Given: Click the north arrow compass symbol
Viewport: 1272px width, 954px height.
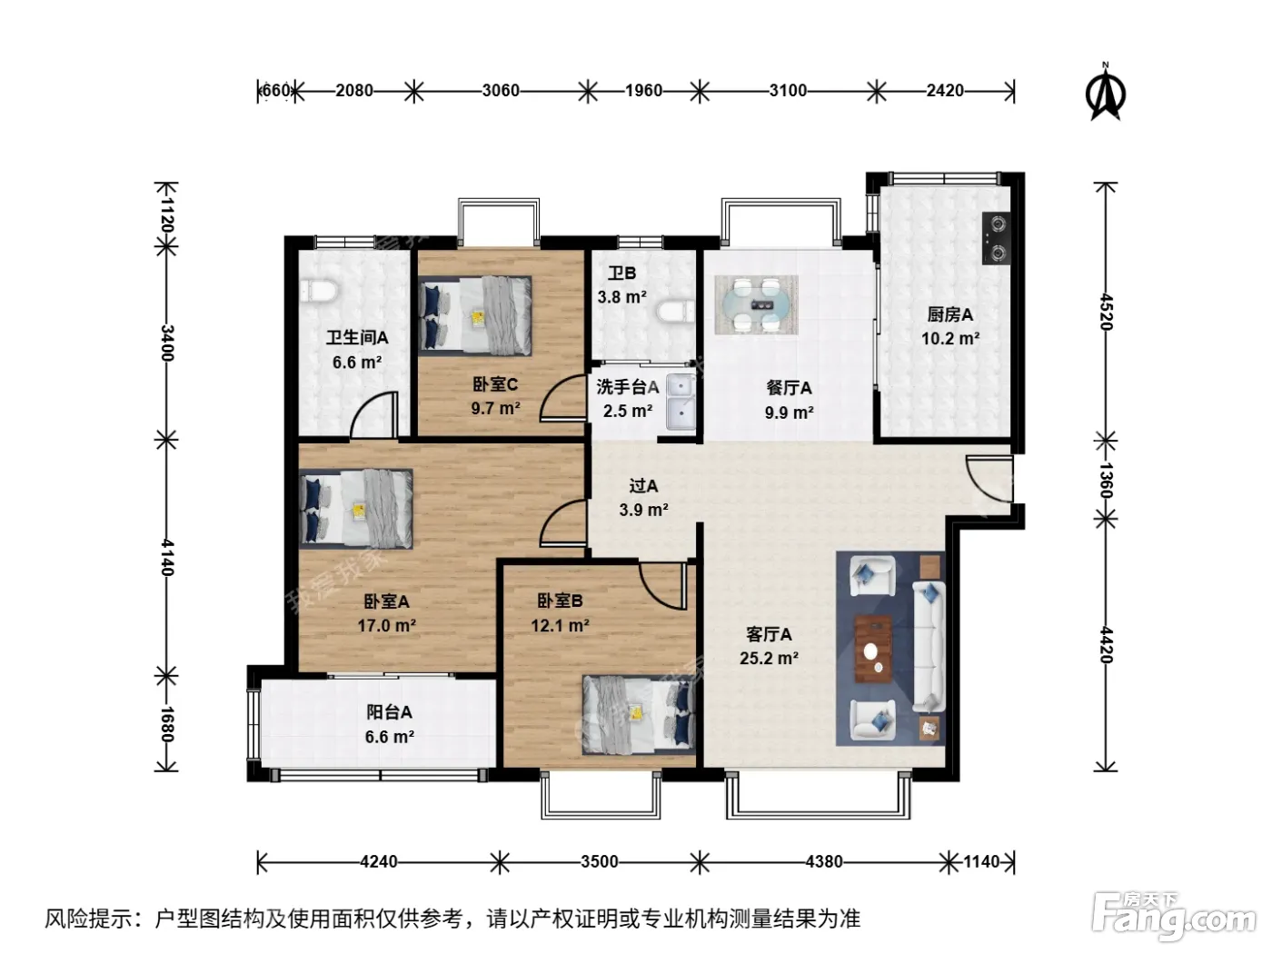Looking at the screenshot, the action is (x=1105, y=93).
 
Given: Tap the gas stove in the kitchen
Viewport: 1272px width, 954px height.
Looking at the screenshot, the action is (x=996, y=238).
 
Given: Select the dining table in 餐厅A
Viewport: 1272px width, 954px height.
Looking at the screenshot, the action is (x=756, y=304).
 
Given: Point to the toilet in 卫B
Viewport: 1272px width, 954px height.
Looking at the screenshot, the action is (x=676, y=311).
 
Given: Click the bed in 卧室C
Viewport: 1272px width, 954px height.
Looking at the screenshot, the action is (x=474, y=315).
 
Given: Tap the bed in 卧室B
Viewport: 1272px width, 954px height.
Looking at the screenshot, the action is (x=639, y=715).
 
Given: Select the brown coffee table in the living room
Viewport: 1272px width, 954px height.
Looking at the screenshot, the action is (x=873, y=649).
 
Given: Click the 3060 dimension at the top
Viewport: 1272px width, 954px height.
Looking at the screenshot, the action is (x=501, y=91).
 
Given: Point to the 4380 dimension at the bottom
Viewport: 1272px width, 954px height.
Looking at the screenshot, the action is (x=823, y=861).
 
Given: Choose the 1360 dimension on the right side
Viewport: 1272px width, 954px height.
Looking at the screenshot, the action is (x=1106, y=480).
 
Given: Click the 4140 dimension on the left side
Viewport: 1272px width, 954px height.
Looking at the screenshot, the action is (x=167, y=557).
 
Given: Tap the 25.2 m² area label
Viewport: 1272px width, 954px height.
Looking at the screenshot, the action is (x=769, y=659).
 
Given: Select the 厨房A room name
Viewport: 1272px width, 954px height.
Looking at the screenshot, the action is (x=949, y=314).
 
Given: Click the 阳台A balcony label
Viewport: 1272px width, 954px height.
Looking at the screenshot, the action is (x=389, y=712).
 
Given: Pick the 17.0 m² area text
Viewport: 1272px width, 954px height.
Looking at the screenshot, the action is (x=386, y=626).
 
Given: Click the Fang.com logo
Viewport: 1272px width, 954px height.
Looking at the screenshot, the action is (x=1174, y=917).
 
